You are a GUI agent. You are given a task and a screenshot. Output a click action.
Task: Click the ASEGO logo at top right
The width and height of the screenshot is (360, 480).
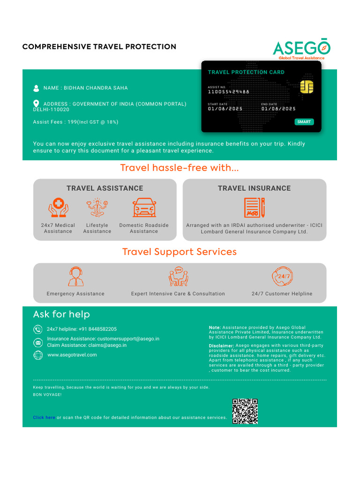pos(302,49)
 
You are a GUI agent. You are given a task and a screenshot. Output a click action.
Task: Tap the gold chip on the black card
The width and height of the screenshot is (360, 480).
pos(307,87)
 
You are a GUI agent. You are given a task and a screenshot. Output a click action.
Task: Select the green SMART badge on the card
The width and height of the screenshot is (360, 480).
pos(304,122)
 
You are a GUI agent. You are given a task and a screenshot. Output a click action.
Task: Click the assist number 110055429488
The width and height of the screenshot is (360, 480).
pos(229,92)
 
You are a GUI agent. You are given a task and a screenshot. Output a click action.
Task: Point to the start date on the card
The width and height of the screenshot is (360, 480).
pos(225,109)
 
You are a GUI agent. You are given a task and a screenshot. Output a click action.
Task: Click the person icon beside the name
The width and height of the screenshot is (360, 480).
pos(37,88)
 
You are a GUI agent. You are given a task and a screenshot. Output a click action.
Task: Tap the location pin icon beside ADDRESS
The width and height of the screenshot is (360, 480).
pos(37,104)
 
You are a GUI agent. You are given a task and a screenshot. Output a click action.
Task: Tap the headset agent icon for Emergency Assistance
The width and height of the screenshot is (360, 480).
pos(75,277)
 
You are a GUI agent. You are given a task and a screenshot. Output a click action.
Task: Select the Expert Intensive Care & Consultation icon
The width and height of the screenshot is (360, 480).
pos(178,277)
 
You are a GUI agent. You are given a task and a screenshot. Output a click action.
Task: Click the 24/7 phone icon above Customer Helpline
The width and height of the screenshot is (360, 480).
pos(282,277)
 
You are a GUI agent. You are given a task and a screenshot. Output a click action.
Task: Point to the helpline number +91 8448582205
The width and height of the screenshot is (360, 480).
pos(97,329)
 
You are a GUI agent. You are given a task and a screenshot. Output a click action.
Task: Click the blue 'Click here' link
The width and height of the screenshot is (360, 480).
pos(44,417)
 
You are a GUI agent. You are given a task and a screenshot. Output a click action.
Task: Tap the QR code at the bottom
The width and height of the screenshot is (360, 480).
pos(245,411)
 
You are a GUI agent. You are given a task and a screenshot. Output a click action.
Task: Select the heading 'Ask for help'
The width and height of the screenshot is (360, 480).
pos(61,314)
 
